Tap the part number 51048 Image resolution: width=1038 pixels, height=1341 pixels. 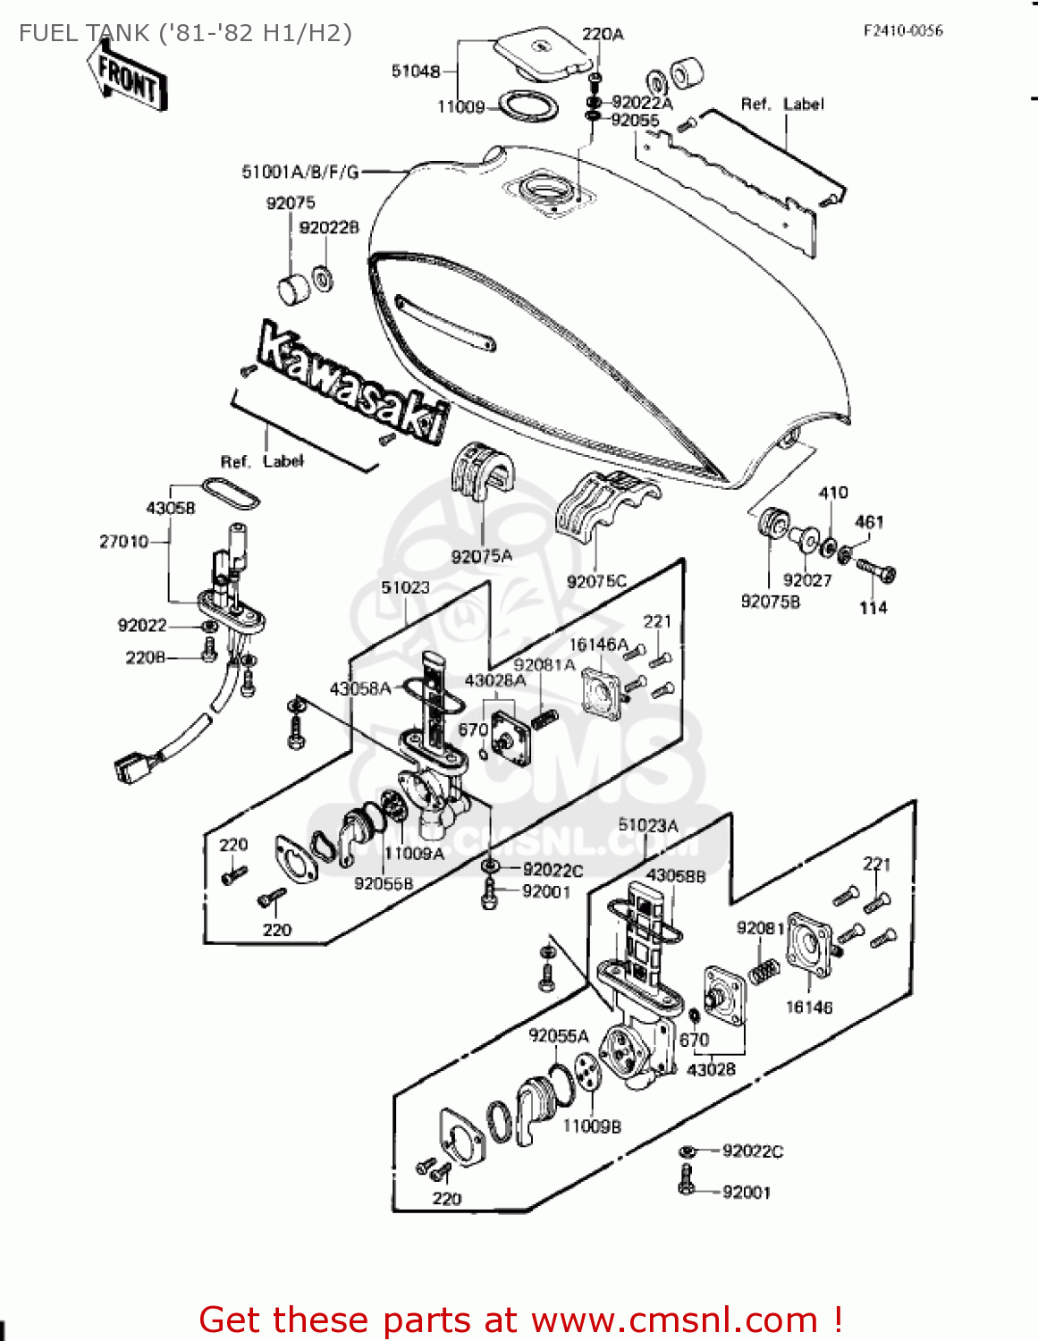pyautogui.click(x=416, y=71)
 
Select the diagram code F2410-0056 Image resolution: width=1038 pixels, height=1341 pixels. pyautogui.click(x=903, y=30)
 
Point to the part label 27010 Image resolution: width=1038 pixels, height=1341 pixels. pyautogui.click(x=123, y=542)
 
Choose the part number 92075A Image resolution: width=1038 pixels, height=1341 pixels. pyautogui.click(x=482, y=556)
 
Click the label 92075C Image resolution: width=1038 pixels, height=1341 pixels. pyautogui.click(x=596, y=581)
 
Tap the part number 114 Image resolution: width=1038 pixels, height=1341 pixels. pyautogui.click(x=873, y=608)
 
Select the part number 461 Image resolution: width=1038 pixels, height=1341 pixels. pyautogui.click(x=869, y=522)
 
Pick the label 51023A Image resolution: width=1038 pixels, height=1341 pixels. pyautogui.click(x=648, y=825)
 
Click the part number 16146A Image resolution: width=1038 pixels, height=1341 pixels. pyautogui.click(x=598, y=645)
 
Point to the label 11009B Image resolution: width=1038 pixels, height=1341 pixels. pyautogui.click(x=591, y=1126)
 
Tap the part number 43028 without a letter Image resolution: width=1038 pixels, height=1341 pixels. pyautogui.click(x=711, y=1069)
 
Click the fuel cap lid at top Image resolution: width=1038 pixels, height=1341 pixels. pyautogui.click(x=544, y=55)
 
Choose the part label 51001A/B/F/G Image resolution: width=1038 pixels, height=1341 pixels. pyautogui.click(x=300, y=172)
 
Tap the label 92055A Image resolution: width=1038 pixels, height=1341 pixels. pyautogui.click(x=559, y=1036)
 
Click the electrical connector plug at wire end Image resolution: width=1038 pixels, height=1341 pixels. pyautogui.click(x=131, y=768)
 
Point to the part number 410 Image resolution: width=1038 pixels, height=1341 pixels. pyautogui.click(x=833, y=493)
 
